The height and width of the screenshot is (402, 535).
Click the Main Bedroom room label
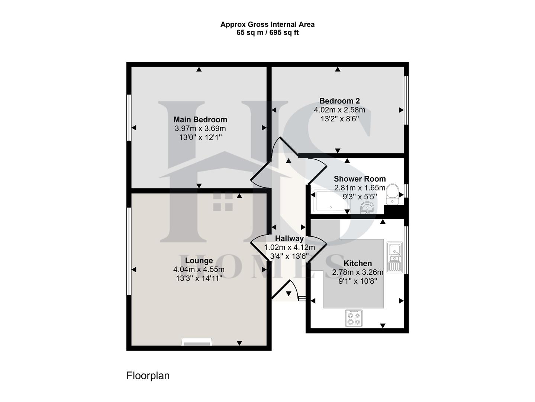[x=200, y=119]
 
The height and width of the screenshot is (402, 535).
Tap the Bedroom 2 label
[x=339, y=101]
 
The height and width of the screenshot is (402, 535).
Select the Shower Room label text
[x=360, y=179]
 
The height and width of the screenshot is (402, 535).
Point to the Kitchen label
[x=358, y=263]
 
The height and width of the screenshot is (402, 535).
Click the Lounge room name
[x=199, y=261]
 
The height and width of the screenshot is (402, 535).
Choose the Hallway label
[x=289, y=239]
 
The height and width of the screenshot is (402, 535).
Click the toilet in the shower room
[x=392, y=194]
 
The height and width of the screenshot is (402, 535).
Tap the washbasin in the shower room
[x=367, y=208]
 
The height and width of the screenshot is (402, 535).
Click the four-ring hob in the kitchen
[x=354, y=318]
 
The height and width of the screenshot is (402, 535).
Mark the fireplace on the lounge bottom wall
[x=196, y=342]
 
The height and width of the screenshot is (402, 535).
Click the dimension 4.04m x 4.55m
[x=199, y=269]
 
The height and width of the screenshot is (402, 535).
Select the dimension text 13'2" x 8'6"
[x=339, y=119]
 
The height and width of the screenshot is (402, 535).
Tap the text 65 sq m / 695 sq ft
[x=267, y=33]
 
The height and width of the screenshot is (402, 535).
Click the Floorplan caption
[x=148, y=376]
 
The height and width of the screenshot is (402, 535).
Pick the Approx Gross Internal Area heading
[x=267, y=25]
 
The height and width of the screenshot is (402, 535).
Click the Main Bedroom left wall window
[x=129, y=117]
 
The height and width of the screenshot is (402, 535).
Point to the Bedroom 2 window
[x=406, y=100]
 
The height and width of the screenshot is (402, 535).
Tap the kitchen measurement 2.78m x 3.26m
[x=358, y=272]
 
